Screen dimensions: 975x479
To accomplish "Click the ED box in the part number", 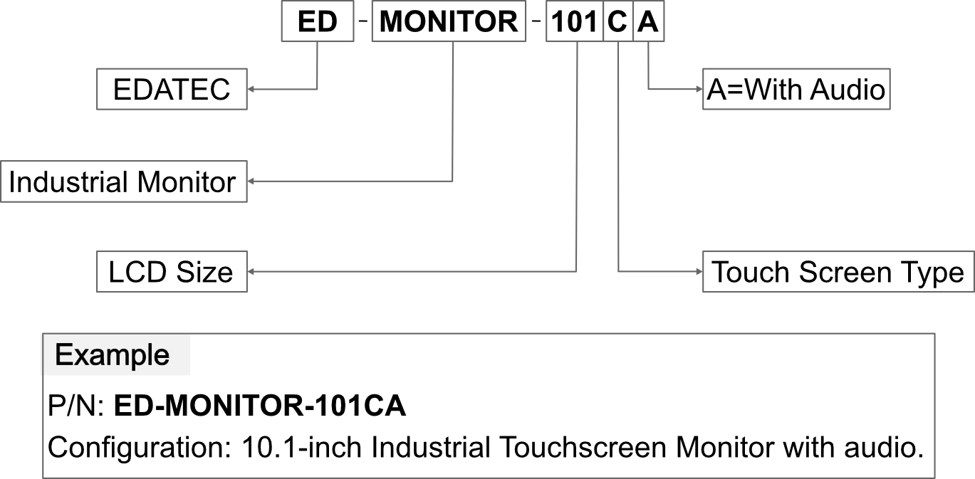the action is (x=318, y=21).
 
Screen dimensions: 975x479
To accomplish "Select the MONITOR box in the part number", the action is (x=449, y=21).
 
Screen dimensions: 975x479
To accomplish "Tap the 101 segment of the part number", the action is (x=575, y=21).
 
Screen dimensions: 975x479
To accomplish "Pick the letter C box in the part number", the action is (x=618, y=21).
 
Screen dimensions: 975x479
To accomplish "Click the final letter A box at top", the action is (x=649, y=21).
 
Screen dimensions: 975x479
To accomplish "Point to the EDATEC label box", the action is (x=172, y=89).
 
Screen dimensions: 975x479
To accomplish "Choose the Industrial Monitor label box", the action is (x=124, y=181).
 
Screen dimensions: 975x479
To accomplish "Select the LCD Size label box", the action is (x=172, y=271).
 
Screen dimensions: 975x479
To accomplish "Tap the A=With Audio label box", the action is (x=796, y=89).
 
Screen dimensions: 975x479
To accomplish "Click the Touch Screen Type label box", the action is (x=838, y=271).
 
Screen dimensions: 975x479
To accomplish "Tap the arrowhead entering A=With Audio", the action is (x=699, y=89).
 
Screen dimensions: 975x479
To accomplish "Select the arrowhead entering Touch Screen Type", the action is (x=699, y=271).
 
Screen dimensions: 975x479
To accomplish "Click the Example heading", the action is (x=112, y=355).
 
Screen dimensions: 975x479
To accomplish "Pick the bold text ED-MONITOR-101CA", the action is (x=260, y=406).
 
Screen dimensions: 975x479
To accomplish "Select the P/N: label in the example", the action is (x=76, y=406).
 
